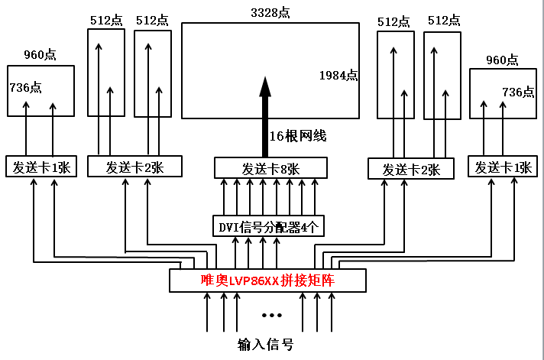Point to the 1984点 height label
click(x=338, y=75)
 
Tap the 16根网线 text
click(x=298, y=136)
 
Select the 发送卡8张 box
click(x=270, y=168)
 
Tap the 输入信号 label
click(x=265, y=345)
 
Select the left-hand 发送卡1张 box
click(x=40, y=167)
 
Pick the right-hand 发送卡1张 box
click(x=503, y=167)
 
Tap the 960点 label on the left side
click(x=40, y=55)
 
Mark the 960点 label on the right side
click(x=502, y=60)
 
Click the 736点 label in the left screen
click(x=25, y=87)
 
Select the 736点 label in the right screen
click(x=518, y=92)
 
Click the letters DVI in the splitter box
click(x=229, y=226)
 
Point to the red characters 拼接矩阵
click(x=311, y=281)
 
